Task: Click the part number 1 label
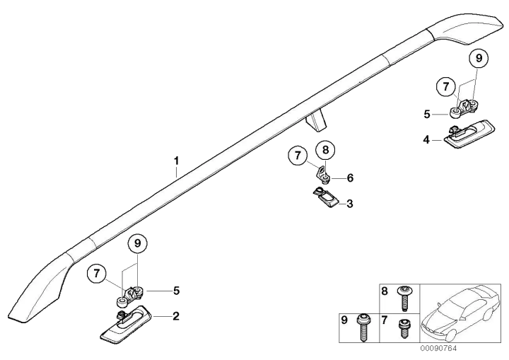coord(176,161)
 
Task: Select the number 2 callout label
coord(176,316)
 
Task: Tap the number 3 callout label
coord(350,204)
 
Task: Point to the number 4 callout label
coord(426,140)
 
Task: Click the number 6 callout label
coord(350,178)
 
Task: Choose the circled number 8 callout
coord(326,150)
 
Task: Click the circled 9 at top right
coord(479,58)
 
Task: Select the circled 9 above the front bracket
coord(137,243)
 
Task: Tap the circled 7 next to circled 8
coord(298,155)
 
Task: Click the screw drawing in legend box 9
coord(363,327)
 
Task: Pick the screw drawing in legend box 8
coord(404,298)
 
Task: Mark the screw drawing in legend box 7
coord(404,328)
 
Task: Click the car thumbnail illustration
coord(460,313)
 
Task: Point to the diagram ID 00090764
coord(438,348)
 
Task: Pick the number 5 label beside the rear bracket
coord(427,115)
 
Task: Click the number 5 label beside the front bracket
coord(176,291)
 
